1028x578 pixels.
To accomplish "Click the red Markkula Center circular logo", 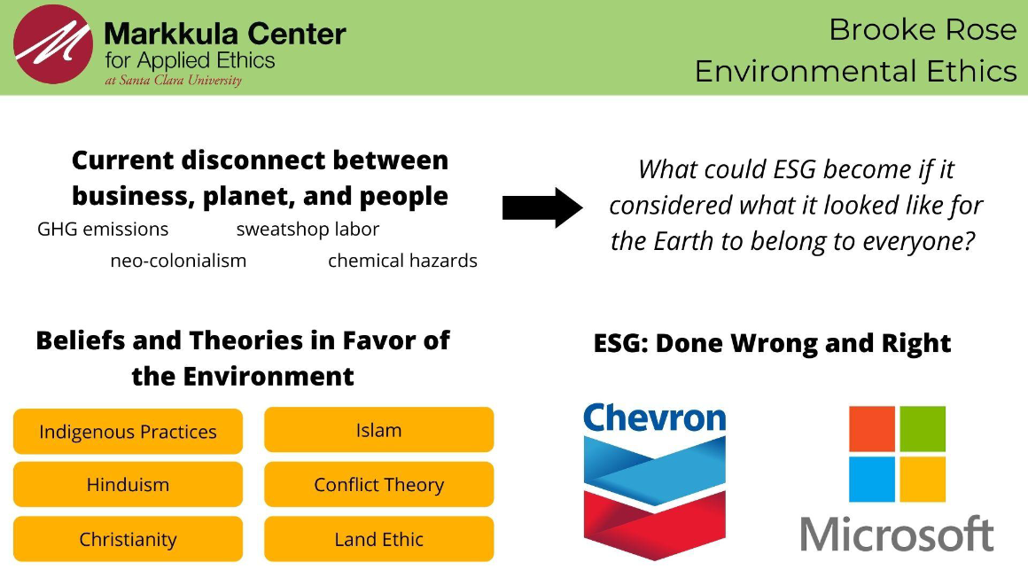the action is pos(53,44).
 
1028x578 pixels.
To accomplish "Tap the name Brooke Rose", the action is pos(923,29).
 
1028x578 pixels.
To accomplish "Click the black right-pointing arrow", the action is pos(542,207).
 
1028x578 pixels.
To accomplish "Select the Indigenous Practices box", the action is pos(128,431).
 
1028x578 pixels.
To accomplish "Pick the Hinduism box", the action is pos(128,484).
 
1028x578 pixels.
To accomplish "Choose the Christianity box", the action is pos(128,539).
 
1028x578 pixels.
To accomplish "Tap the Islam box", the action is pos(379,430).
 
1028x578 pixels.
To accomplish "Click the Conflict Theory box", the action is pos(379,484).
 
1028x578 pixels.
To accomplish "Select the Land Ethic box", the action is pos(379,539).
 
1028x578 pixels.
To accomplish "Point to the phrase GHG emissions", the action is pos(103,229).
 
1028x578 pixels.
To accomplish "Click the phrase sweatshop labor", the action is pos(308,229).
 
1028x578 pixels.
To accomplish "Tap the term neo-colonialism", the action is pos(178,261).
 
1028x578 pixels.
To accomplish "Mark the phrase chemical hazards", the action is pos(402,261).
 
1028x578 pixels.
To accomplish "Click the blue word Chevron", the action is pos(654,418).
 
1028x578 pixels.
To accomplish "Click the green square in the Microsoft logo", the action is pos(923,429).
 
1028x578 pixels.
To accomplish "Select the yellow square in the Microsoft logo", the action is pos(923,480).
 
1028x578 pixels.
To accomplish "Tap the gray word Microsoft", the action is pos(897,534).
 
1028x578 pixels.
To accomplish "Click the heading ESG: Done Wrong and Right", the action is pos(772,343).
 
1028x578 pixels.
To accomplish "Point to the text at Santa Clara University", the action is pos(173,80).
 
